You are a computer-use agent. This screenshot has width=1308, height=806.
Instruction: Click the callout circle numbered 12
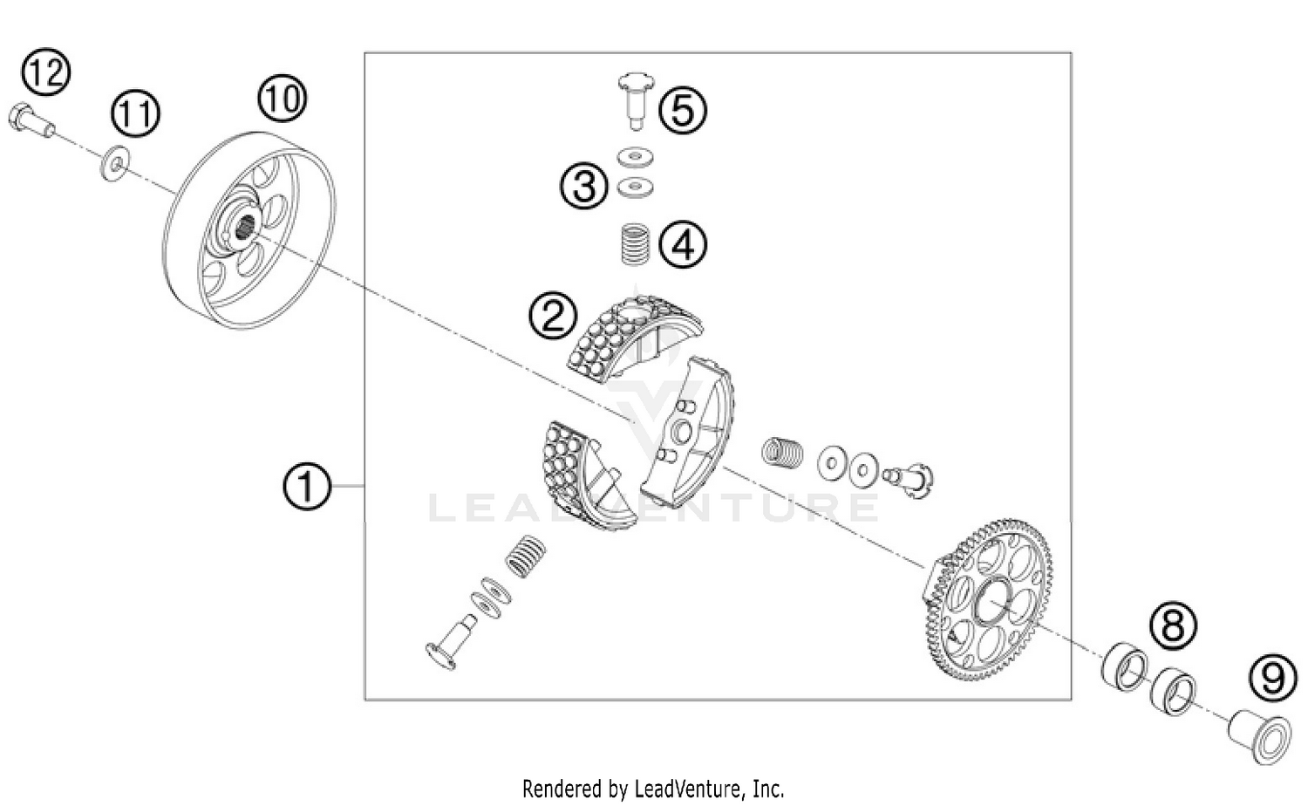click(45, 72)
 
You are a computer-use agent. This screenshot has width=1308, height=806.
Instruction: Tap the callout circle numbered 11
click(135, 114)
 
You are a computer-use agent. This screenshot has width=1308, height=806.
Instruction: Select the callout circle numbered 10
click(283, 99)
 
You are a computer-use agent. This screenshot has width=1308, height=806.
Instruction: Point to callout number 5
click(683, 111)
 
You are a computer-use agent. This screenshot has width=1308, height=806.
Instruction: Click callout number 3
click(584, 186)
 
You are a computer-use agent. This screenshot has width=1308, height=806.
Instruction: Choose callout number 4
click(683, 244)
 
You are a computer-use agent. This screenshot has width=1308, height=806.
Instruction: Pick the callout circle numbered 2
click(553, 315)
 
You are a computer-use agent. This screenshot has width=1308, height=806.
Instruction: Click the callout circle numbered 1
click(307, 486)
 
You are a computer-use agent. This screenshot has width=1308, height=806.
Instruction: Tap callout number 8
click(1173, 625)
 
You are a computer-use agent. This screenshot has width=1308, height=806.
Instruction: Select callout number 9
click(1272, 678)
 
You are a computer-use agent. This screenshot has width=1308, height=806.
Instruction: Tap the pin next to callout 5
click(634, 99)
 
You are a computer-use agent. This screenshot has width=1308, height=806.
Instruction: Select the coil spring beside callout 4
click(634, 243)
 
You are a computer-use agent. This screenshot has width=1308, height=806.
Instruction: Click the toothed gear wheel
click(988, 600)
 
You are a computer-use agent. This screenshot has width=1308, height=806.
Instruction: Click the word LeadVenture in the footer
click(680, 789)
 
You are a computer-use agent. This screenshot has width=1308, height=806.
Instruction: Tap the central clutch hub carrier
click(689, 427)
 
